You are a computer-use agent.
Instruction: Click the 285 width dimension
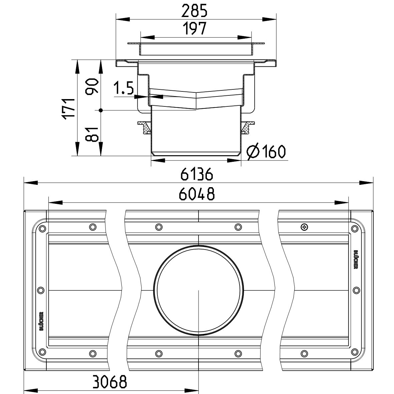click(x=194, y=11)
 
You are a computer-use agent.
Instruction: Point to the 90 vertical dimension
click(x=92, y=86)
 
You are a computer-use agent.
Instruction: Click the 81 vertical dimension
click(x=92, y=134)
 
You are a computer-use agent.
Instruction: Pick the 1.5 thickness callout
click(x=124, y=88)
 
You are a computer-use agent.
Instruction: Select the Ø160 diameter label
click(x=266, y=151)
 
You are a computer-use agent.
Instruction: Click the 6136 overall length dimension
click(x=197, y=174)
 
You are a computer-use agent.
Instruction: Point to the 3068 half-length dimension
click(x=110, y=382)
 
